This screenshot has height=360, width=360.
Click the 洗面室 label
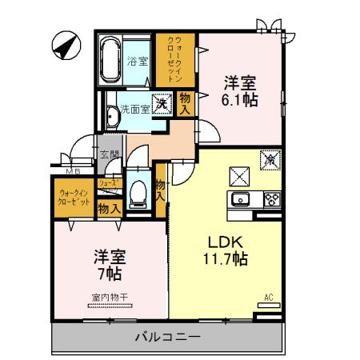point(134,108)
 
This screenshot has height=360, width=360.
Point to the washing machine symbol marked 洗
point(162,103)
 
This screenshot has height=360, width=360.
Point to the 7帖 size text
point(110,274)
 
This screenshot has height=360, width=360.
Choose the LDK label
point(226,242)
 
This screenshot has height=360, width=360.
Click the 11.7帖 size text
point(225,259)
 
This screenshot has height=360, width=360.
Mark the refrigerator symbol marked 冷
point(270,160)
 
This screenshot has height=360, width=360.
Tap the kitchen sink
point(240,199)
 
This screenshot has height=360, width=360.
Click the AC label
point(269,298)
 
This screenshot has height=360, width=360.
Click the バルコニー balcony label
point(166,336)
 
